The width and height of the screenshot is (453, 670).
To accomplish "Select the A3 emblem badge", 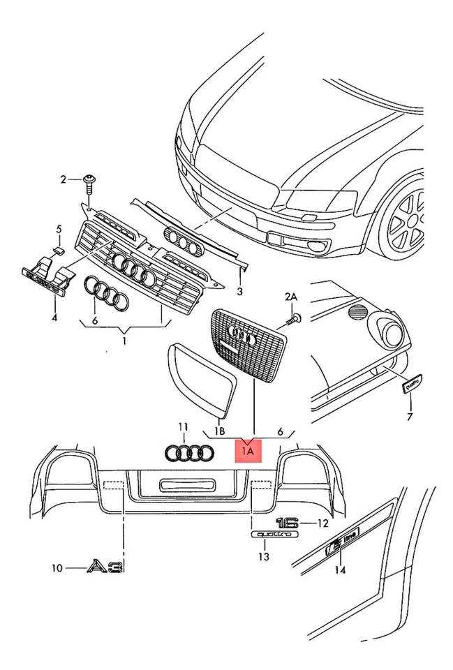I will click(x=105, y=567).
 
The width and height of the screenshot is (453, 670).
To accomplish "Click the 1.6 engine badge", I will click(x=286, y=522).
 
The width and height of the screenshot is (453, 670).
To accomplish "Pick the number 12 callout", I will click(x=322, y=522).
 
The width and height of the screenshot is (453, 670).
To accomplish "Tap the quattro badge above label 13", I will click(x=274, y=534).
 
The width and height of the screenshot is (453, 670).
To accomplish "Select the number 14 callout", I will click(x=339, y=570).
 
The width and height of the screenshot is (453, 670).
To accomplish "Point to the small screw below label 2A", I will click(x=294, y=319).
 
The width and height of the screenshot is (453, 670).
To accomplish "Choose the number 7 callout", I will click(x=410, y=417).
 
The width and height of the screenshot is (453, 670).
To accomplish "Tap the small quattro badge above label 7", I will click(x=411, y=382).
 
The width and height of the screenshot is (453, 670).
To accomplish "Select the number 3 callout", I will click(x=239, y=291).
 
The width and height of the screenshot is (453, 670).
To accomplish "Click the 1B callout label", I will click(x=219, y=432).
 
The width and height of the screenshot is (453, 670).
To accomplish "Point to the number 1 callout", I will click(x=124, y=342).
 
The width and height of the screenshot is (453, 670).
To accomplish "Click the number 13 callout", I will click(x=262, y=556).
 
